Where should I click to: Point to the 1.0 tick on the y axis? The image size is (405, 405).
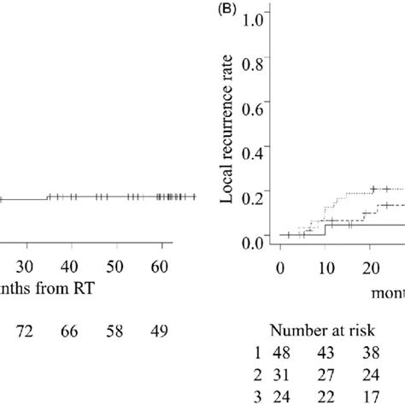[x=254, y=14]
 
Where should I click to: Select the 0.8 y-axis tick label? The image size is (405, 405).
[x=254, y=62]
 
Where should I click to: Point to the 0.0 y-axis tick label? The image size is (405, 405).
[x=254, y=244]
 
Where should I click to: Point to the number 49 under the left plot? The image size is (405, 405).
[x=161, y=329]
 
